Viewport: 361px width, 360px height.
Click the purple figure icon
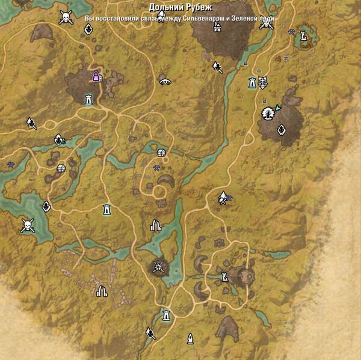96,76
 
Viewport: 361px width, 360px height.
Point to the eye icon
165,81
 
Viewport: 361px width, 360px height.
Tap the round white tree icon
266,114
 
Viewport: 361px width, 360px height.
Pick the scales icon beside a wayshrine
262,82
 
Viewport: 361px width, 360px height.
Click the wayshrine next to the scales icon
253,83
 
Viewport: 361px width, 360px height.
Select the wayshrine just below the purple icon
89,99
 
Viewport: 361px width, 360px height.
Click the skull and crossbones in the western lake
26,225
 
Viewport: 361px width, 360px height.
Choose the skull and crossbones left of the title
66,18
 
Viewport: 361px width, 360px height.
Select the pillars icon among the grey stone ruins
102,291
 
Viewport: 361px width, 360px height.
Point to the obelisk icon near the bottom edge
190,338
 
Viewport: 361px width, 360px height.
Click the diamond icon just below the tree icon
281,129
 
